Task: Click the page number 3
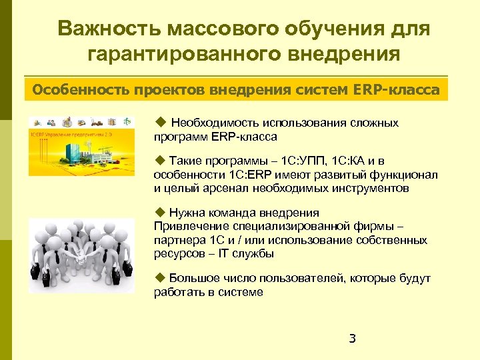(353, 339)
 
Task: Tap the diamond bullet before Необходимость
(159, 122)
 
